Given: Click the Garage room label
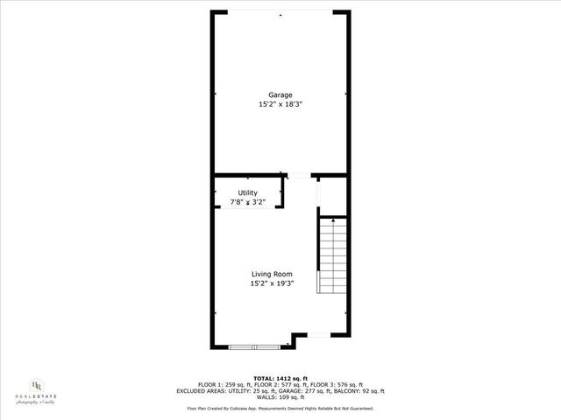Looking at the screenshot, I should coord(280,94).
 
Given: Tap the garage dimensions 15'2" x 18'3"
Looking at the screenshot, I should coord(280,104).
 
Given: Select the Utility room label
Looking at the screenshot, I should coord(248,192).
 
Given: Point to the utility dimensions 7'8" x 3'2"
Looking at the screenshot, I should coord(248,202).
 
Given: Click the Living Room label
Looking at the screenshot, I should coord(272,274).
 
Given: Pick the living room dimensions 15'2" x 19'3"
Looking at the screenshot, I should coord(272,283).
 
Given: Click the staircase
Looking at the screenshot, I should coord(333,258).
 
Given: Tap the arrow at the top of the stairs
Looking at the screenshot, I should coord(333,223).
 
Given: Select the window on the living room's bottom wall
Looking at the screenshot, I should coord(255,347).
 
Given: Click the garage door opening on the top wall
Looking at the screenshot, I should coord(280,12).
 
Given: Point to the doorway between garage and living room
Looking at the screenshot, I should coord(299,177).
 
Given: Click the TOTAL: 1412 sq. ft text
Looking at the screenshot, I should coord(280,377).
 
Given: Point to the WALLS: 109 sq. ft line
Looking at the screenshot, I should coord(280,397).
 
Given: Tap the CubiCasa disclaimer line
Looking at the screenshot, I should coord(280,408).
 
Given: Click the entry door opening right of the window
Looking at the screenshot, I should coord(319,334).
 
